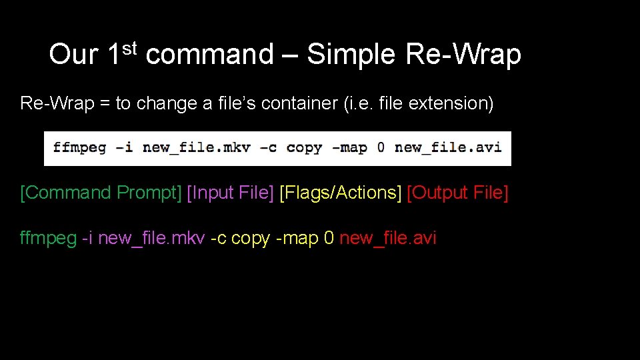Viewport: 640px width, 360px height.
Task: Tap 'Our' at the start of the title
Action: (73, 55)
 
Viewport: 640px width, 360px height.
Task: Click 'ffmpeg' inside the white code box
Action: (79, 148)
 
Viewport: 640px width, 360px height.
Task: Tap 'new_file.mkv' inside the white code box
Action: (197, 148)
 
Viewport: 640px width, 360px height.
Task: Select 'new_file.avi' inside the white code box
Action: (448, 148)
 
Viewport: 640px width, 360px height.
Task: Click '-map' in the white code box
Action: (349, 148)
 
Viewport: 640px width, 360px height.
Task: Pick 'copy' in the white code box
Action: (303, 148)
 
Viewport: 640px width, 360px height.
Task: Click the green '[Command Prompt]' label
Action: (101, 193)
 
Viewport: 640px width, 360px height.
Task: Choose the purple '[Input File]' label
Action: (231, 193)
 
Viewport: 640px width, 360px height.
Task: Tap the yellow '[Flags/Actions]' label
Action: (341, 193)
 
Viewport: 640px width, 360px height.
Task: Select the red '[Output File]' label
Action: (457, 193)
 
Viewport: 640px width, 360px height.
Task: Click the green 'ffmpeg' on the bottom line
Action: (49, 239)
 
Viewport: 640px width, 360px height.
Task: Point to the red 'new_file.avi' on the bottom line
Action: (388, 238)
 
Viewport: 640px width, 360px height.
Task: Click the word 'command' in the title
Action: (209, 55)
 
